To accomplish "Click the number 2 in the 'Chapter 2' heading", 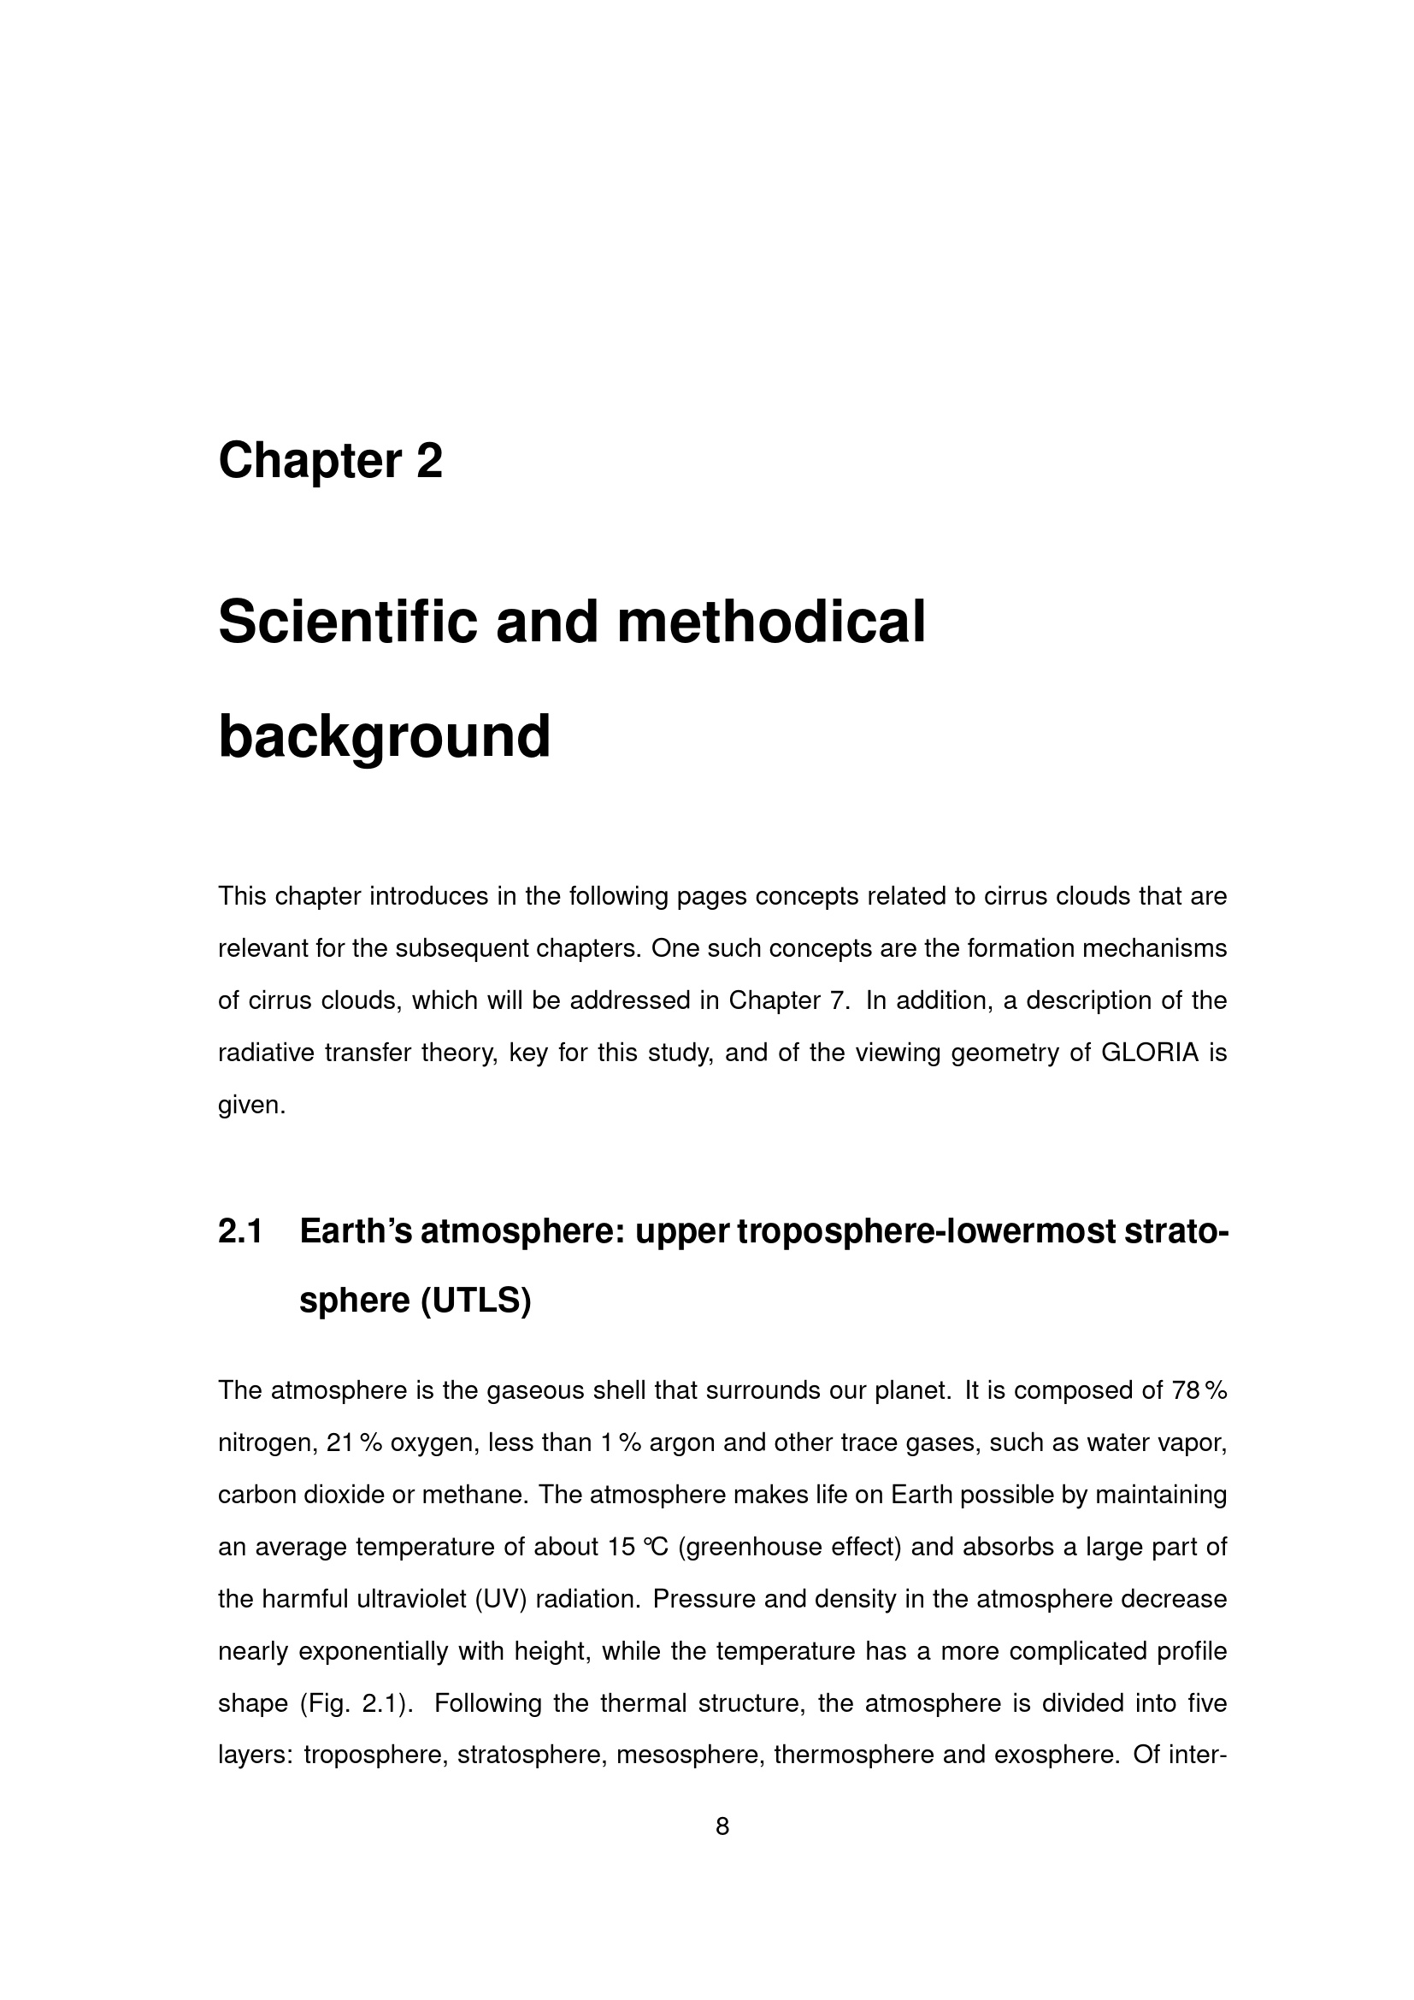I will [x=429, y=461].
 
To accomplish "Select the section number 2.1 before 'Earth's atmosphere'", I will [x=240, y=1231].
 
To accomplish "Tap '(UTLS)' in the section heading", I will [x=475, y=1301].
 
